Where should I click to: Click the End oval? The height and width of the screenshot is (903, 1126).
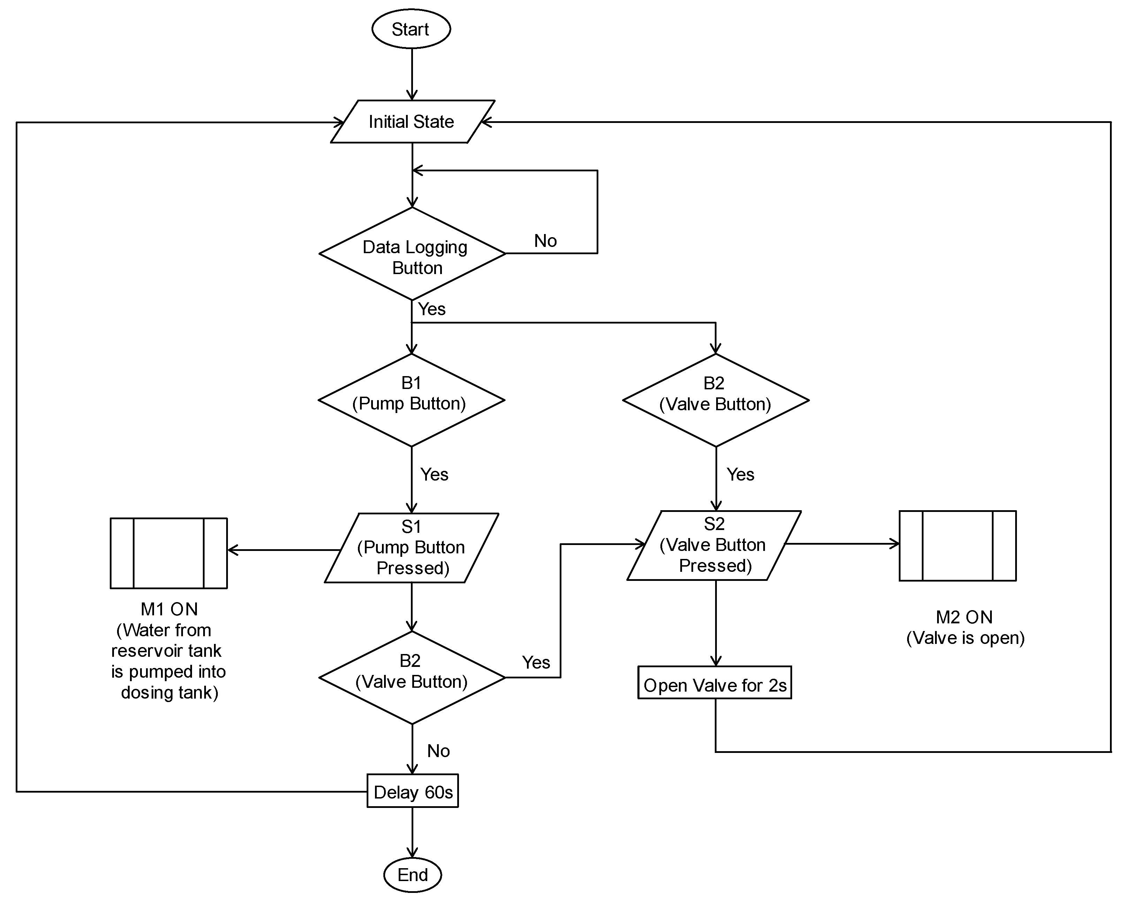click(x=413, y=875)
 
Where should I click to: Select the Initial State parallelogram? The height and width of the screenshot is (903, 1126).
click(x=412, y=122)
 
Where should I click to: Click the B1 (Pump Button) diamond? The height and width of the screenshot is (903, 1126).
click(x=412, y=400)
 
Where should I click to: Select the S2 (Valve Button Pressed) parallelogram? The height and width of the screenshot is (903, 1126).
click(x=714, y=545)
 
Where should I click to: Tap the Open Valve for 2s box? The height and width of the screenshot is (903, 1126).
click(x=714, y=683)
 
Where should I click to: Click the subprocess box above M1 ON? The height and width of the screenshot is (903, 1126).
click(x=169, y=553)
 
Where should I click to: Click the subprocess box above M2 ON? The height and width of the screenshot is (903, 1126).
click(x=957, y=545)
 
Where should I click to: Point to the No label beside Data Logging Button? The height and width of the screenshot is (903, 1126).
click(x=545, y=241)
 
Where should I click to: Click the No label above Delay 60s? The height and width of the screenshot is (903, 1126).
click(x=438, y=751)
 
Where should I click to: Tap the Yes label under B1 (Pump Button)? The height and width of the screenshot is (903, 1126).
click(x=434, y=474)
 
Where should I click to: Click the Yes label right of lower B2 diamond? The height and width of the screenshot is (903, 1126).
click(x=536, y=662)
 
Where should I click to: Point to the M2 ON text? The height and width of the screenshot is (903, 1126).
click(x=964, y=617)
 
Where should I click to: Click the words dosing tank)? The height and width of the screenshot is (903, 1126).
click(x=170, y=693)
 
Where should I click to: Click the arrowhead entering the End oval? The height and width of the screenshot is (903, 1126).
click(x=413, y=853)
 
